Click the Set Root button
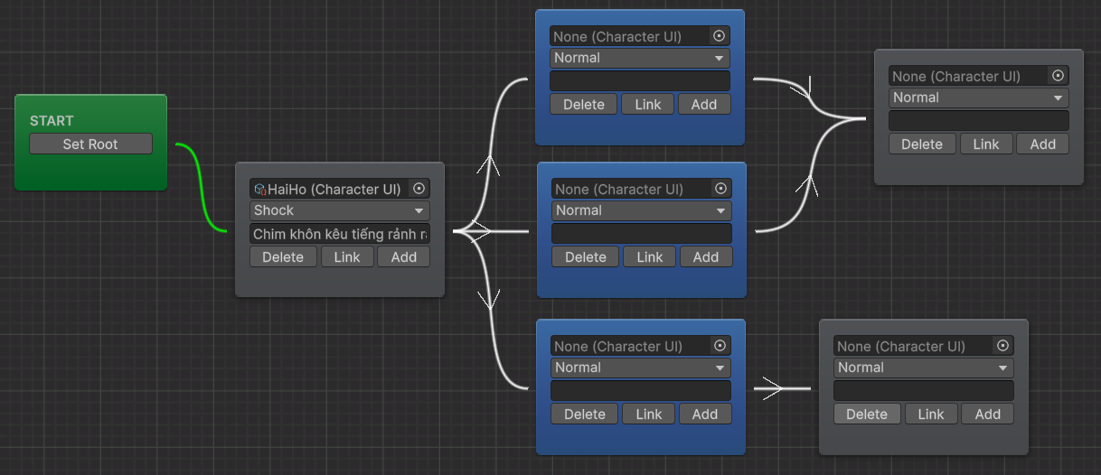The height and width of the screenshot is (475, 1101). (90, 144)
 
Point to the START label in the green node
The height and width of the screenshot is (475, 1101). (52, 120)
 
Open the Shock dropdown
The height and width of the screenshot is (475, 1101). (340, 210)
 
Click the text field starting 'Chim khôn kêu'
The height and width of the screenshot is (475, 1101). (340, 234)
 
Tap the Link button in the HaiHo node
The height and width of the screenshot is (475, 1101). (347, 256)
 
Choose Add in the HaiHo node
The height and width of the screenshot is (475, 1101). (403, 256)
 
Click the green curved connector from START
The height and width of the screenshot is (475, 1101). (201, 187)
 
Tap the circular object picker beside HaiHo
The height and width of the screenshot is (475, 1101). (419, 189)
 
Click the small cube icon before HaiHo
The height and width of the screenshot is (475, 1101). (259, 189)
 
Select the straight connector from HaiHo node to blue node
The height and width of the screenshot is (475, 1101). (491, 231)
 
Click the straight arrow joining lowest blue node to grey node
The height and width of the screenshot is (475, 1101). (782, 388)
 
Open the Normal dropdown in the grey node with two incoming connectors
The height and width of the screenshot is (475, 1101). (979, 98)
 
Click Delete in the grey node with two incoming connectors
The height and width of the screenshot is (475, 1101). (922, 144)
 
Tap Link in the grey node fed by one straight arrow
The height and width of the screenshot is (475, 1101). (931, 414)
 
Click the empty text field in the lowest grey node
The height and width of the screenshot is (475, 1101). (924, 391)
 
